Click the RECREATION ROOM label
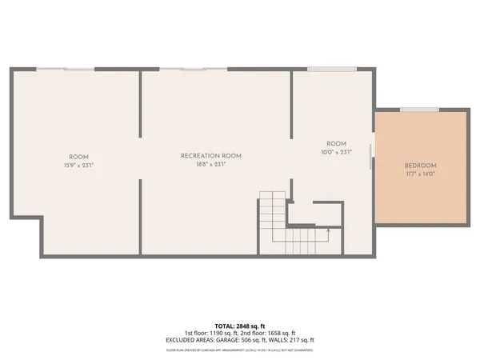point(211,155)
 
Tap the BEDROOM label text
point(420,165)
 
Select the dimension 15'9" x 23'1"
point(78,165)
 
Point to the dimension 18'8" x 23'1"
point(211,165)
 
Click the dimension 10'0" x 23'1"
point(336,151)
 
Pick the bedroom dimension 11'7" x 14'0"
point(420,174)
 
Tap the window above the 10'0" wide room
point(322,70)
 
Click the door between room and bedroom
point(370,157)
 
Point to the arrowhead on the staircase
point(328,230)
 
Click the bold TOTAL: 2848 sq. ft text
point(239,326)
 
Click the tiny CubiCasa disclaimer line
point(239,350)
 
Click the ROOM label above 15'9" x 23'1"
point(78,156)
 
